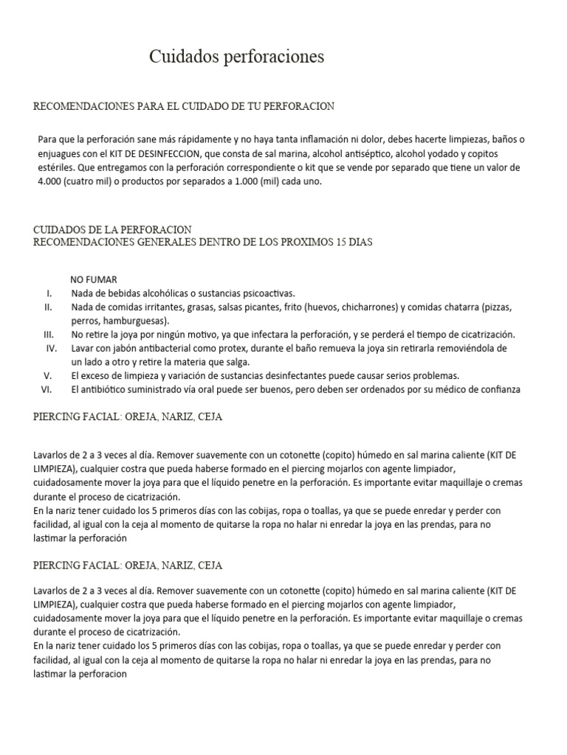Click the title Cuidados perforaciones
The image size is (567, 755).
[x=236, y=57]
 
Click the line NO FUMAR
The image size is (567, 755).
[x=94, y=279]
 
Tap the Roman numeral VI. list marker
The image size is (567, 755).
[x=47, y=389]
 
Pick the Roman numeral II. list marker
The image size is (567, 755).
[x=48, y=307]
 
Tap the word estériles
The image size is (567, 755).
[x=58, y=167]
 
